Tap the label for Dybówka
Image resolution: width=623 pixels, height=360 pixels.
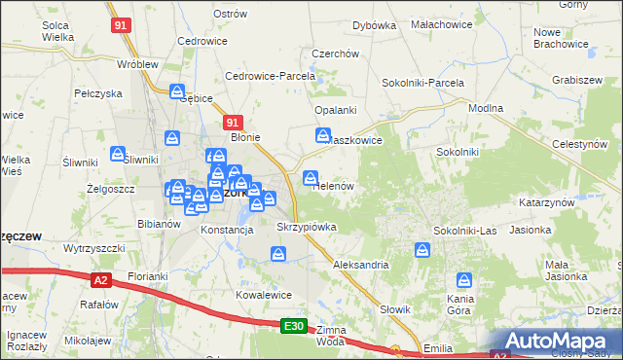374,25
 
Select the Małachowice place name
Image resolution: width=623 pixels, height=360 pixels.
441,22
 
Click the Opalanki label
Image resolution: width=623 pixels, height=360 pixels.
335,110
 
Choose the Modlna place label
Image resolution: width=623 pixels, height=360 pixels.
485,110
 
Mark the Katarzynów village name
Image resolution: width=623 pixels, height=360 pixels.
547,202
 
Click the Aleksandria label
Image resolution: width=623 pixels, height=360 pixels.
360,264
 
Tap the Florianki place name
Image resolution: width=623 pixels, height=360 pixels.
148,276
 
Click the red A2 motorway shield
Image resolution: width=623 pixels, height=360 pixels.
101,280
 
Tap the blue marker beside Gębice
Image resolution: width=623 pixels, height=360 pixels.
177,92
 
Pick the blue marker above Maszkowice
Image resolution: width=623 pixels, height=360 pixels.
322,136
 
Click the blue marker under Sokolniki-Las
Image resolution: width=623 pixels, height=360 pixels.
422,250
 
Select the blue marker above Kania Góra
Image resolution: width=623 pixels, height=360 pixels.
464,281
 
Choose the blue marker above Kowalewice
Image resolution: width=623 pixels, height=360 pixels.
278,255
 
